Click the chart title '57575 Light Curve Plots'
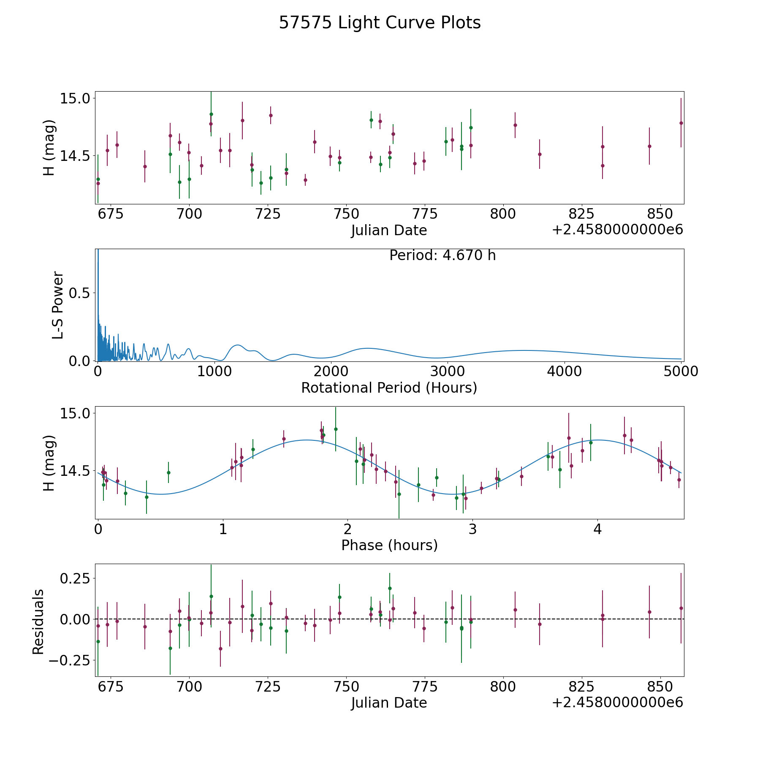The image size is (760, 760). pyautogui.click(x=380, y=23)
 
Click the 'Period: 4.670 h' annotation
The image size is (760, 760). pyautogui.click(x=442, y=255)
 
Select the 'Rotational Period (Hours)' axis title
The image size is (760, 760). pyautogui.click(x=389, y=388)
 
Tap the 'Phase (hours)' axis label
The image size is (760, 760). pyautogui.click(x=389, y=545)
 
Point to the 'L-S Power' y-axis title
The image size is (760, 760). pyautogui.click(x=58, y=305)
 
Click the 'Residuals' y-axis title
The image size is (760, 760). pyautogui.click(x=38, y=622)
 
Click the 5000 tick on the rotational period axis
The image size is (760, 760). pyautogui.click(x=680, y=372)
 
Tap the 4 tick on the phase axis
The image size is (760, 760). pyautogui.click(x=597, y=529)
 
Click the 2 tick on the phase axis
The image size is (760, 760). pyautogui.click(x=347, y=529)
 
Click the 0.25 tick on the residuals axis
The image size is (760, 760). pyautogui.click(x=75, y=578)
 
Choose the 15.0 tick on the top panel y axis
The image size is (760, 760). pyautogui.click(x=75, y=98)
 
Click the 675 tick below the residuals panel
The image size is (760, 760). pyautogui.click(x=111, y=687)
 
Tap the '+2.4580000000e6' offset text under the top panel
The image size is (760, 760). pyautogui.click(x=618, y=230)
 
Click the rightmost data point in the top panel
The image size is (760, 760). pyautogui.click(x=681, y=123)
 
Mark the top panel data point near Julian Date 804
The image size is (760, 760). pyautogui.click(x=515, y=125)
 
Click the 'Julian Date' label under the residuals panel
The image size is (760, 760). pyautogui.click(x=389, y=703)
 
